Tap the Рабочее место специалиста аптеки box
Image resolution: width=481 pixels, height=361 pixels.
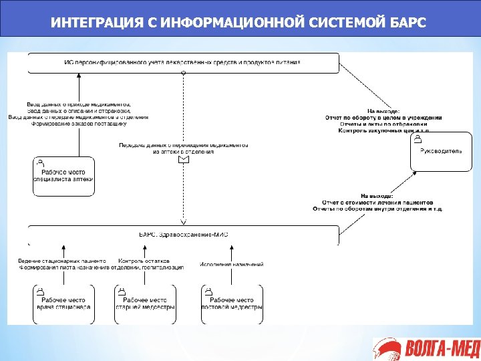click(x=63, y=176)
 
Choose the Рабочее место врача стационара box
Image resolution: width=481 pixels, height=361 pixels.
click(x=63, y=304)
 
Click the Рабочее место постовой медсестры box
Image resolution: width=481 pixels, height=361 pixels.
click(x=232, y=304)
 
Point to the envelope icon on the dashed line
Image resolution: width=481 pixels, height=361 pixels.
click(x=183, y=159)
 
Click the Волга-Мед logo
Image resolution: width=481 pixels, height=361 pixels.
click(x=424, y=348)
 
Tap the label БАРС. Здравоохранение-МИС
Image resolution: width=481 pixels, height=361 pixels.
click(x=183, y=235)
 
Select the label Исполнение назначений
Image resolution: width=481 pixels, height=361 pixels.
click(x=232, y=265)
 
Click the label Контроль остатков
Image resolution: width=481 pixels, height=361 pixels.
click(x=144, y=261)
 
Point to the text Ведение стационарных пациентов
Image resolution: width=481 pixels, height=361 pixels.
click(x=61, y=261)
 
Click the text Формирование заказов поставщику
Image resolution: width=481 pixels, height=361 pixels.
click(x=78, y=124)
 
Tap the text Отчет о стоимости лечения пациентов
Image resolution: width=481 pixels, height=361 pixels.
click(x=377, y=202)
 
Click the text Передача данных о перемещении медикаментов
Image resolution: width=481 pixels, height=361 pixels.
click(x=183, y=145)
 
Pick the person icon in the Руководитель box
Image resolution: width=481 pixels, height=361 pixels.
click(x=417, y=139)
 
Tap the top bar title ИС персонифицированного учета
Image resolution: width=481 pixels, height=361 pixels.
click(x=182, y=62)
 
